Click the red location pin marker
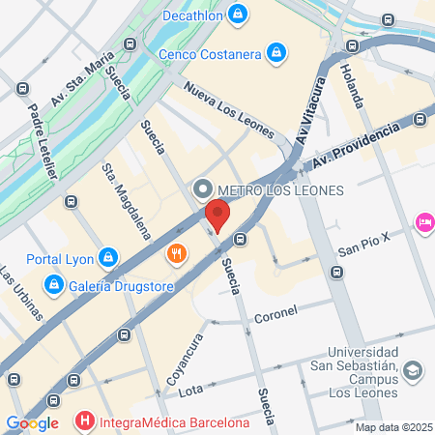tap(218, 216)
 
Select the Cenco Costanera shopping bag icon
tap(276, 51)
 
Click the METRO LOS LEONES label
tap(281, 189)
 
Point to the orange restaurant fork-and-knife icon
tap(176, 254)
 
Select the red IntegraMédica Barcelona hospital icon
tap(85, 421)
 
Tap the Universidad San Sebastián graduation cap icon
tap(413, 370)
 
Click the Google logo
tap(32, 422)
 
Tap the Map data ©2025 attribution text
tap(392, 426)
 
